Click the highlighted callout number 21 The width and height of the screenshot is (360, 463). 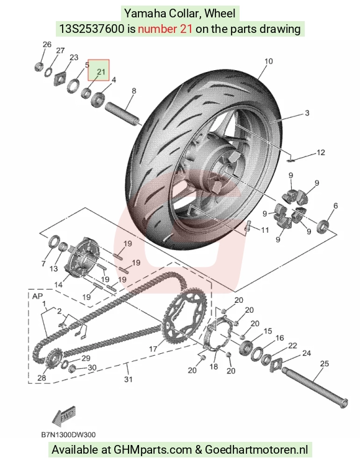101,71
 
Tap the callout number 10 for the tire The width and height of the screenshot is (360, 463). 269,61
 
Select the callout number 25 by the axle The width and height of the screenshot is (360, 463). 324,363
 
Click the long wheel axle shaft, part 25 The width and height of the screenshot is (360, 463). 315,387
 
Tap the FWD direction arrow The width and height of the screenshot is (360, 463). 64,416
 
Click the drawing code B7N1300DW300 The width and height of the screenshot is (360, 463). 68,435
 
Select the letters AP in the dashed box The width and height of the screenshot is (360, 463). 37,296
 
